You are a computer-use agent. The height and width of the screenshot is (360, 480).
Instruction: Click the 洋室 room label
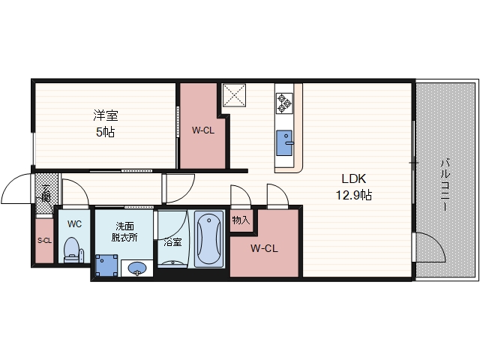pos(106,115)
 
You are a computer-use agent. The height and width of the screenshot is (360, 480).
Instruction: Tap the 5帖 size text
pos(105,132)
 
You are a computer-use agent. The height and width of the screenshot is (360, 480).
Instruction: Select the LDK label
pos(353,178)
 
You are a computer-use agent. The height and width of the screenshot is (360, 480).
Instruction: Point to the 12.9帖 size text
pos(354,195)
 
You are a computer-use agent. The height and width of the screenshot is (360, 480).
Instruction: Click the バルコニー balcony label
pos(445,184)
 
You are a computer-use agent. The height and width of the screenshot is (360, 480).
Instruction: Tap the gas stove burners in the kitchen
pos(284,103)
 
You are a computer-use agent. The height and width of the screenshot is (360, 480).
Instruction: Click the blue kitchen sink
pos(285,143)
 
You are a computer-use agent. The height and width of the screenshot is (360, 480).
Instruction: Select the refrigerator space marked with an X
pos(234,95)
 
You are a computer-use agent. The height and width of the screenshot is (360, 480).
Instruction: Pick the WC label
pos(74,224)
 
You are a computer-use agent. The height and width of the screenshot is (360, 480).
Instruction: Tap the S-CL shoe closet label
pos(44,241)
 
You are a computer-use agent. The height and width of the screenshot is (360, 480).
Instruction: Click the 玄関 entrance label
pos(46,193)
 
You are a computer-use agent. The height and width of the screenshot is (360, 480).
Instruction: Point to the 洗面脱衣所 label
pos(124,232)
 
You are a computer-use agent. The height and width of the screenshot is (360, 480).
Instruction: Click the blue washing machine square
pos(106,265)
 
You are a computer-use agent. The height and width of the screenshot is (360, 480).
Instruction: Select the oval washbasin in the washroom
pos(137,268)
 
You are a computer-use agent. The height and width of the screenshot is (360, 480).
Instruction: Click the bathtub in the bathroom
pos(209,238)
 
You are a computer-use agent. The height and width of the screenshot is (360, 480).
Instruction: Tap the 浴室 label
pos(172,242)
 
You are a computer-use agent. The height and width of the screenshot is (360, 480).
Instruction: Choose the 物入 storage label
pos(241,220)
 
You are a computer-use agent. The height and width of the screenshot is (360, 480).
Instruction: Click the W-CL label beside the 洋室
pos(203,130)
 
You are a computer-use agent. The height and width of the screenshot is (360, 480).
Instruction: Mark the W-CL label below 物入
pos(264,248)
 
